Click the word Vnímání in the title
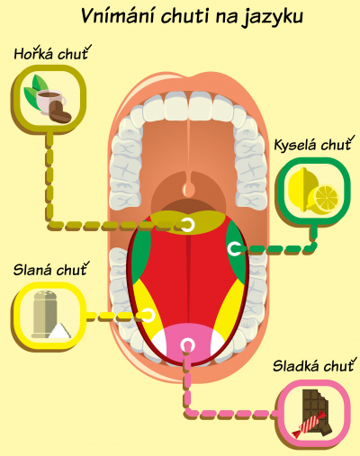(118, 16)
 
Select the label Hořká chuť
(52, 53)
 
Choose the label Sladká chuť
(314, 365)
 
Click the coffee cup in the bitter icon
(50, 102)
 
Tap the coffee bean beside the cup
(59, 112)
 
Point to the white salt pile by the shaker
(60, 331)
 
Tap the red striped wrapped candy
(309, 424)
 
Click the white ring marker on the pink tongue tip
(188, 345)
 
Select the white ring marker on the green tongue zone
(234, 248)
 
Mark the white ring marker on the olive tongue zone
(187, 224)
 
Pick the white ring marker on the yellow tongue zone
(148, 316)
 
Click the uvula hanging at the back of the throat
(189, 186)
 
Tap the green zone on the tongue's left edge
(140, 252)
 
